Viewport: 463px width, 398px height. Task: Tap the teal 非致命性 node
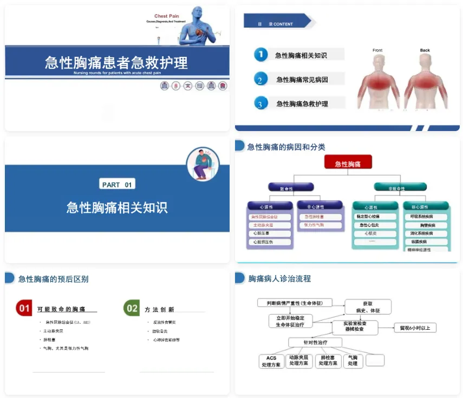[396, 187]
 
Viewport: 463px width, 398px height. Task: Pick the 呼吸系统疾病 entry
[426, 217]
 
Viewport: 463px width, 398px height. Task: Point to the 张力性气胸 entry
[319, 225]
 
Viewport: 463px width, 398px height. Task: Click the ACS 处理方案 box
[271, 361]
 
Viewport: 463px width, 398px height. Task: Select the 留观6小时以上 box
[415, 328]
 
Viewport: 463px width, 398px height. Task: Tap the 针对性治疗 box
[315, 342]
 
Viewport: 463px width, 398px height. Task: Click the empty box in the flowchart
[375, 360]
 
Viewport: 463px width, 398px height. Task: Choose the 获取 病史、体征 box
[368, 307]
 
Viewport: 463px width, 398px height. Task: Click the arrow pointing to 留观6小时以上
[387, 328]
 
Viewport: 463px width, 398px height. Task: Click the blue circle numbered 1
[261, 54]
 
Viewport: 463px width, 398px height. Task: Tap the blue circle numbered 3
[261, 103]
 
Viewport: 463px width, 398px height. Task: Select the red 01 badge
[24, 309]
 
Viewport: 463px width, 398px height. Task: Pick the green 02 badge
[132, 309]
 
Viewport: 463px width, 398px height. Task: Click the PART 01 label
[117, 185]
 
